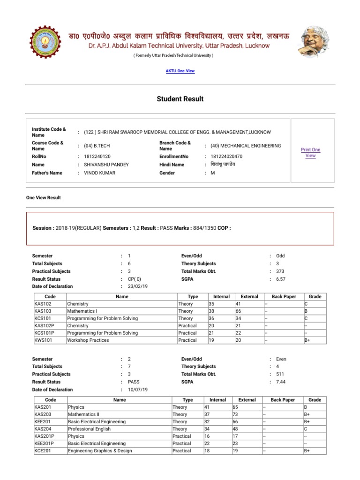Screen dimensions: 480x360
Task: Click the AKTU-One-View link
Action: (x=180, y=71)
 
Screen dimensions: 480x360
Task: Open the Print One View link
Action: (x=310, y=152)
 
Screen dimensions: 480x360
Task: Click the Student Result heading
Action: (x=180, y=99)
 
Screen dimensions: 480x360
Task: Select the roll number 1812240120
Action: (x=97, y=156)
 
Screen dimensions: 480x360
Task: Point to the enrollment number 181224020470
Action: (x=227, y=156)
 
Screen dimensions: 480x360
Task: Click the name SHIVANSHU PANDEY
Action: (x=106, y=165)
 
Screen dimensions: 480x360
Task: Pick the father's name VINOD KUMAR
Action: (x=99, y=173)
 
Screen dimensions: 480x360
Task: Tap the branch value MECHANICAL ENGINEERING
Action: (x=246, y=146)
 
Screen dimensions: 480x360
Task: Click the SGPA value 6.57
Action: (x=280, y=279)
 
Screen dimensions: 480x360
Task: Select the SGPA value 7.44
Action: (x=280, y=382)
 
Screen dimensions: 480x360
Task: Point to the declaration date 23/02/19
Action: (x=137, y=286)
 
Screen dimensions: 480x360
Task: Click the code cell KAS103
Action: (x=43, y=311)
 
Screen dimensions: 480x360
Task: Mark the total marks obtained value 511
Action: (x=280, y=374)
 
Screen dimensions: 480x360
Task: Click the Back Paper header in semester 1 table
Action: (x=283, y=297)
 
